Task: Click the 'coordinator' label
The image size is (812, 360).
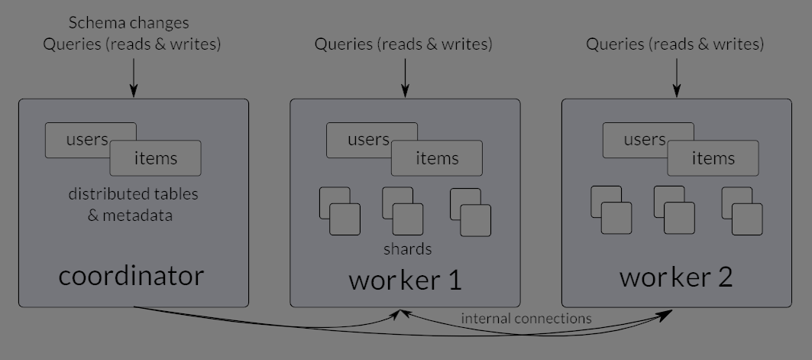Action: pyautogui.click(x=131, y=276)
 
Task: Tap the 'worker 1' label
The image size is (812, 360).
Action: pyautogui.click(x=405, y=280)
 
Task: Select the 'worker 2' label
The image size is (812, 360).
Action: pyautogui.click(x=676, y=277)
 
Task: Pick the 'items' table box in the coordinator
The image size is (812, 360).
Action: pyautogui.click(x=156, y=158)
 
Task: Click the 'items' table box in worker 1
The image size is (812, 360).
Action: pyautogui.click(x=437, y=158)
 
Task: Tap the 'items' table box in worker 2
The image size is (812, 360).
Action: pyautogui.click(x=713, y=158)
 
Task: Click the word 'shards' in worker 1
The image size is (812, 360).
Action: pyautogui.click(x=407, y=249)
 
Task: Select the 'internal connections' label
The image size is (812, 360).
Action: pyautogui.click(x=526, y=318)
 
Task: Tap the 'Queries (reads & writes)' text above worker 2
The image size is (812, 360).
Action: pyautogui.click(x=675, y=44)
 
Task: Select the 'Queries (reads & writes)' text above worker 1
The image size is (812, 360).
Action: pyautogui.click(x=403, y=44)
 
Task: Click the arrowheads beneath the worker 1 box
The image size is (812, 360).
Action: pyautogui.click(x=400, y=313)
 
